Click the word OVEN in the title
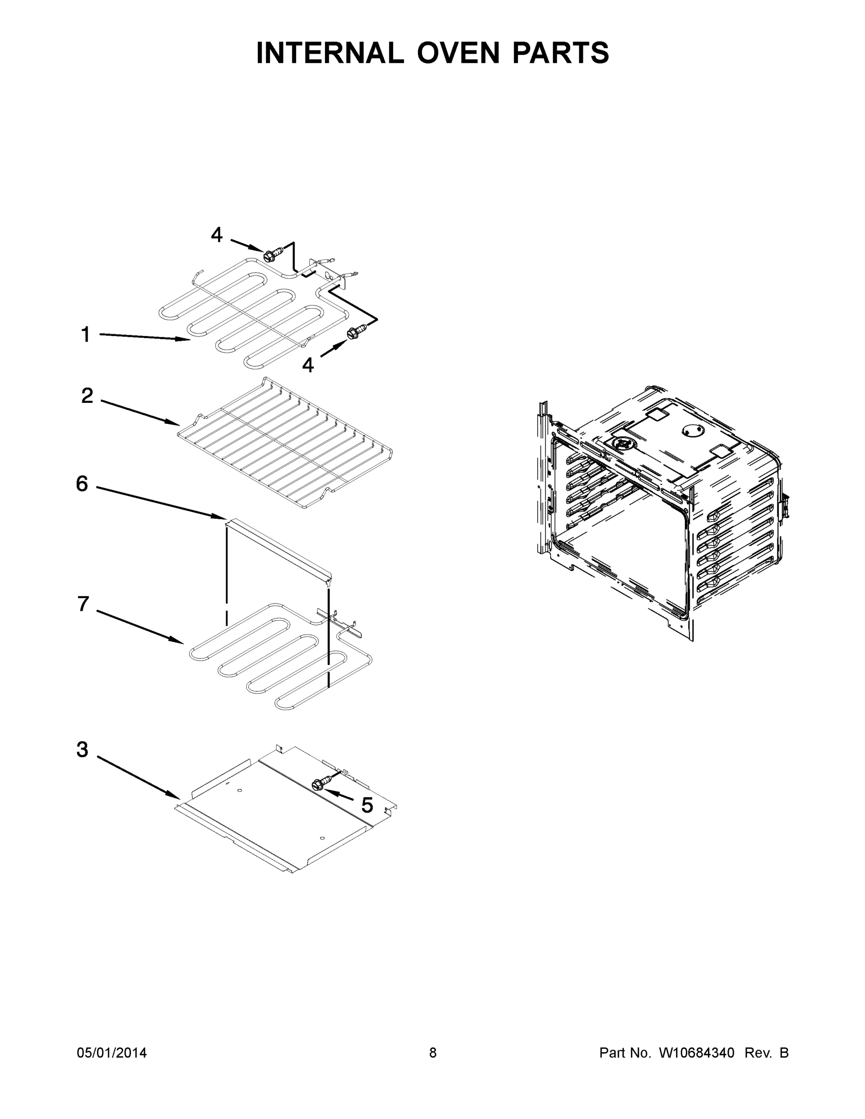point(457,53)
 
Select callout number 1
point(86,335)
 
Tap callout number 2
point(87,395)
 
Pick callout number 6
point(82,484)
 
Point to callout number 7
point(83,604)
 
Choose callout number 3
point(82,749)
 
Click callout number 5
point(367,805)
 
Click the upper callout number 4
point(217,235)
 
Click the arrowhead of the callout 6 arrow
point(221,517)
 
